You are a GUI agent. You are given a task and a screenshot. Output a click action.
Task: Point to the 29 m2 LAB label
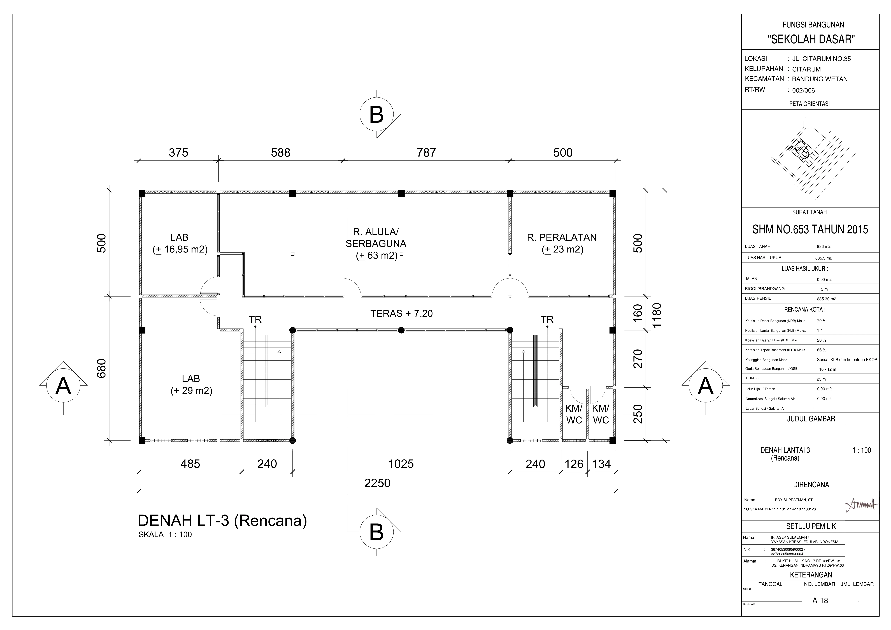tap(191, 384)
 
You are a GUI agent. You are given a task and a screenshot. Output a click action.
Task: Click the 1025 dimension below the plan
tap(401, 464)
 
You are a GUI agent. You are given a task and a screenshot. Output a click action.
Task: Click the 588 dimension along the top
tap(281, 152)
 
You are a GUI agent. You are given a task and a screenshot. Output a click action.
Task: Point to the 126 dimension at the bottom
tap(574, 464)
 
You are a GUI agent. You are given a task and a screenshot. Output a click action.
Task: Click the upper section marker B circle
tap(376, 115)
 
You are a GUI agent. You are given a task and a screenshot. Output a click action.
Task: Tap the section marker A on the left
tap(63, 387)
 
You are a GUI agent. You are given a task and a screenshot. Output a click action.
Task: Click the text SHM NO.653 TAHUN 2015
tap(810, 229)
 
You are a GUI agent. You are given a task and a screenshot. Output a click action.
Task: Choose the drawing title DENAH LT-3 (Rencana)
tap(222, 520)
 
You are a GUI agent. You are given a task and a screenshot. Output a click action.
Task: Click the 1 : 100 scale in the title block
tap(862, 450)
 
